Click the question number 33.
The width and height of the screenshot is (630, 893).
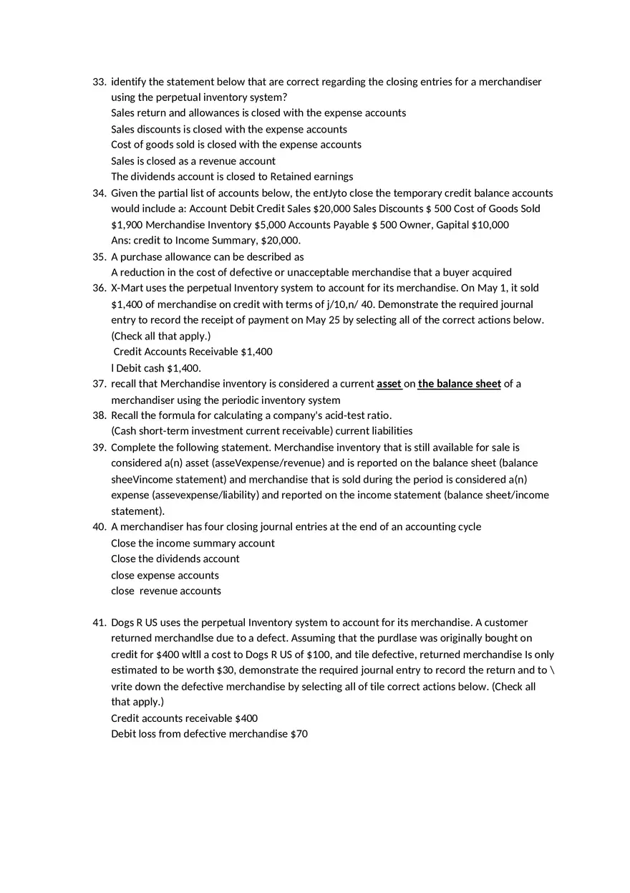99,82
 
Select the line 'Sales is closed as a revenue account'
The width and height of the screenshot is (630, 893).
193,161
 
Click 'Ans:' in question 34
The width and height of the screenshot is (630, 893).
121,241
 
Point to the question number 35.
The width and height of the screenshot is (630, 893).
99,256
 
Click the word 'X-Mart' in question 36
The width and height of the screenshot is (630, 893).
127,288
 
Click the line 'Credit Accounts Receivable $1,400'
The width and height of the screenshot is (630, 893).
193,352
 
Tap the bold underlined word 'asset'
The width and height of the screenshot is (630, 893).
389,384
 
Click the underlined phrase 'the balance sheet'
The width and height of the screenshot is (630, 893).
459,384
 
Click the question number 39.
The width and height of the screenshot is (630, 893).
99,448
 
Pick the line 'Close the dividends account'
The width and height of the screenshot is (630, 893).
175,559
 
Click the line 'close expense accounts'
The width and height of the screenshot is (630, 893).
165,575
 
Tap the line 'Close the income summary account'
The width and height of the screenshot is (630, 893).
193,543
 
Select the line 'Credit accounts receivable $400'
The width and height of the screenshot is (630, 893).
184,718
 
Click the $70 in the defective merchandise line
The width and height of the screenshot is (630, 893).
299,734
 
